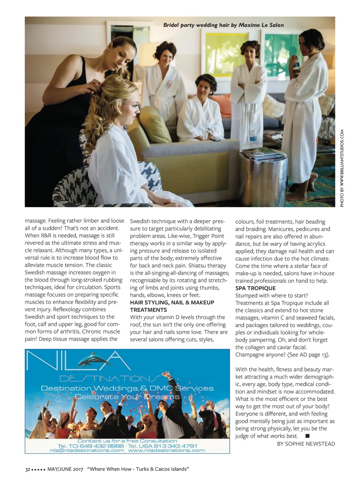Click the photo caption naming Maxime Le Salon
(223, 25)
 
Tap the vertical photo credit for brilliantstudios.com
(342, 168)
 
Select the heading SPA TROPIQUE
(255, 288)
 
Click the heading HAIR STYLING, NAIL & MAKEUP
(172, 303)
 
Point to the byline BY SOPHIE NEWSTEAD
(306, 444)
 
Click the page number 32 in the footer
(27, 469)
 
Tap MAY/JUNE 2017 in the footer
(65, 469)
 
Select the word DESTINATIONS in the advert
(110, 379)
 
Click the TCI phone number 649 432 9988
(101, 446)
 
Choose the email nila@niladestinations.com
(87, 450)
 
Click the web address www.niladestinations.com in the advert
(166, 450)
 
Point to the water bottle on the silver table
(253, 138)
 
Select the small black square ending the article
(308, 436)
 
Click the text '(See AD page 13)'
(308, 355)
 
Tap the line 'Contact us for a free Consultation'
(127, 441)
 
